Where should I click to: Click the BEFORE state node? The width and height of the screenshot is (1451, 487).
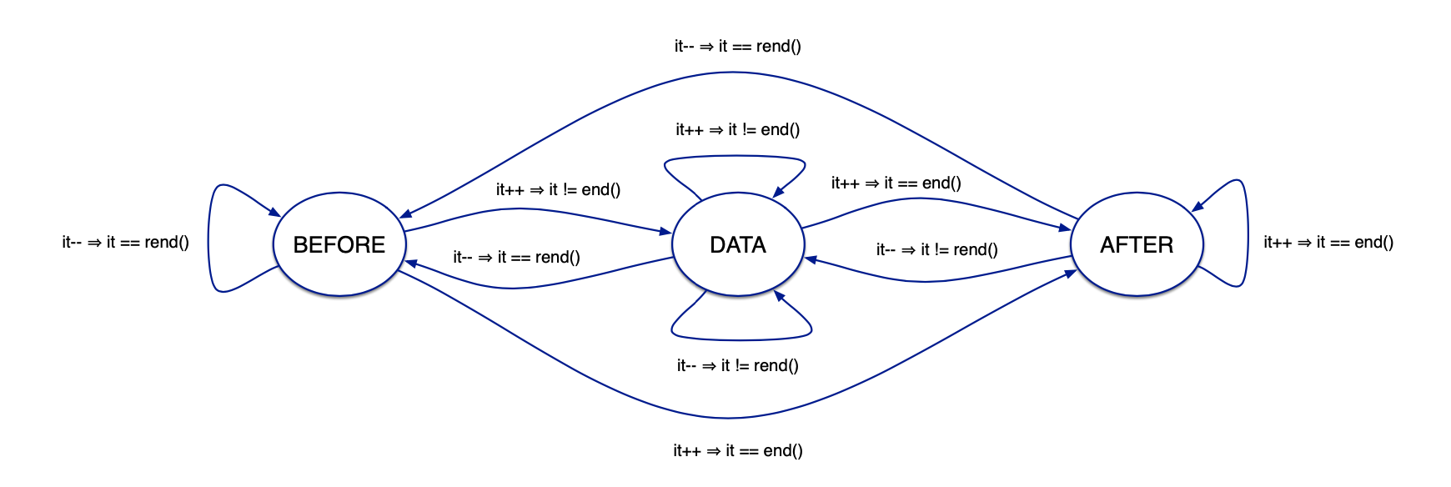click(339, 244)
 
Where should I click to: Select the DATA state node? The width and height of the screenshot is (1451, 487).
click(738, 244)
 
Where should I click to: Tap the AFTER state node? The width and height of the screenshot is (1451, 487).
click(1137, 244)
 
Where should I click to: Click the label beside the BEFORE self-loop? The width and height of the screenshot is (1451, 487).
click(125, 243)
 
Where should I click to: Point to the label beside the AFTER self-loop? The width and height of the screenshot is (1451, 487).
click(1328, 243)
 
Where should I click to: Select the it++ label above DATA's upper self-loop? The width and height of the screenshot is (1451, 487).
click(738, 130)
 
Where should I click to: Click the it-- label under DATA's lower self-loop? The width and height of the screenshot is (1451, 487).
click(738, 366)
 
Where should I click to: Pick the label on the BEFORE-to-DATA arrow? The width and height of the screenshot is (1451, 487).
click(559, 190)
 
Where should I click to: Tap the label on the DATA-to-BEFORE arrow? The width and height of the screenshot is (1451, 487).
click(517, 258)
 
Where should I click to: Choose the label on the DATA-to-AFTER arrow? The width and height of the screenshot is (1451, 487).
click(896, 183)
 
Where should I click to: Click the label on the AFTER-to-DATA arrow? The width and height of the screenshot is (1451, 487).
click(937, 250)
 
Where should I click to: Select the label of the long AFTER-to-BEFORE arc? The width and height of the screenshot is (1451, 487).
click(738, 47)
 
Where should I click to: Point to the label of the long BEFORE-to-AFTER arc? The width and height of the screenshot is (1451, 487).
click(738, 451)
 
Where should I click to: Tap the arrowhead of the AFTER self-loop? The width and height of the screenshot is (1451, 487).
click(1197, 206)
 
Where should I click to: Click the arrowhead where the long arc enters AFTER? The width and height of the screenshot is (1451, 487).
click(1071, 274)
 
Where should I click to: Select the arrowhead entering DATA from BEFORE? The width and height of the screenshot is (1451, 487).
click(666, 231)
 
